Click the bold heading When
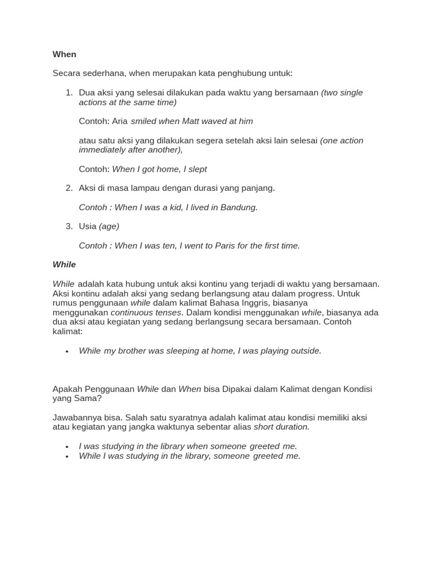[64, 54]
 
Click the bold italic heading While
[64, 265]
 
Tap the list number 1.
[69, 92]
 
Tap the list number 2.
[69, 188]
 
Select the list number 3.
[69, 226]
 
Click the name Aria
[120, 121]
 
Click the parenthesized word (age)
[109, 226]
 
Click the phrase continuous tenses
[146, 312]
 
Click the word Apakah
[67, 389]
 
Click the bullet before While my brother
[67, 351]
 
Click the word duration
[292, 427]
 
